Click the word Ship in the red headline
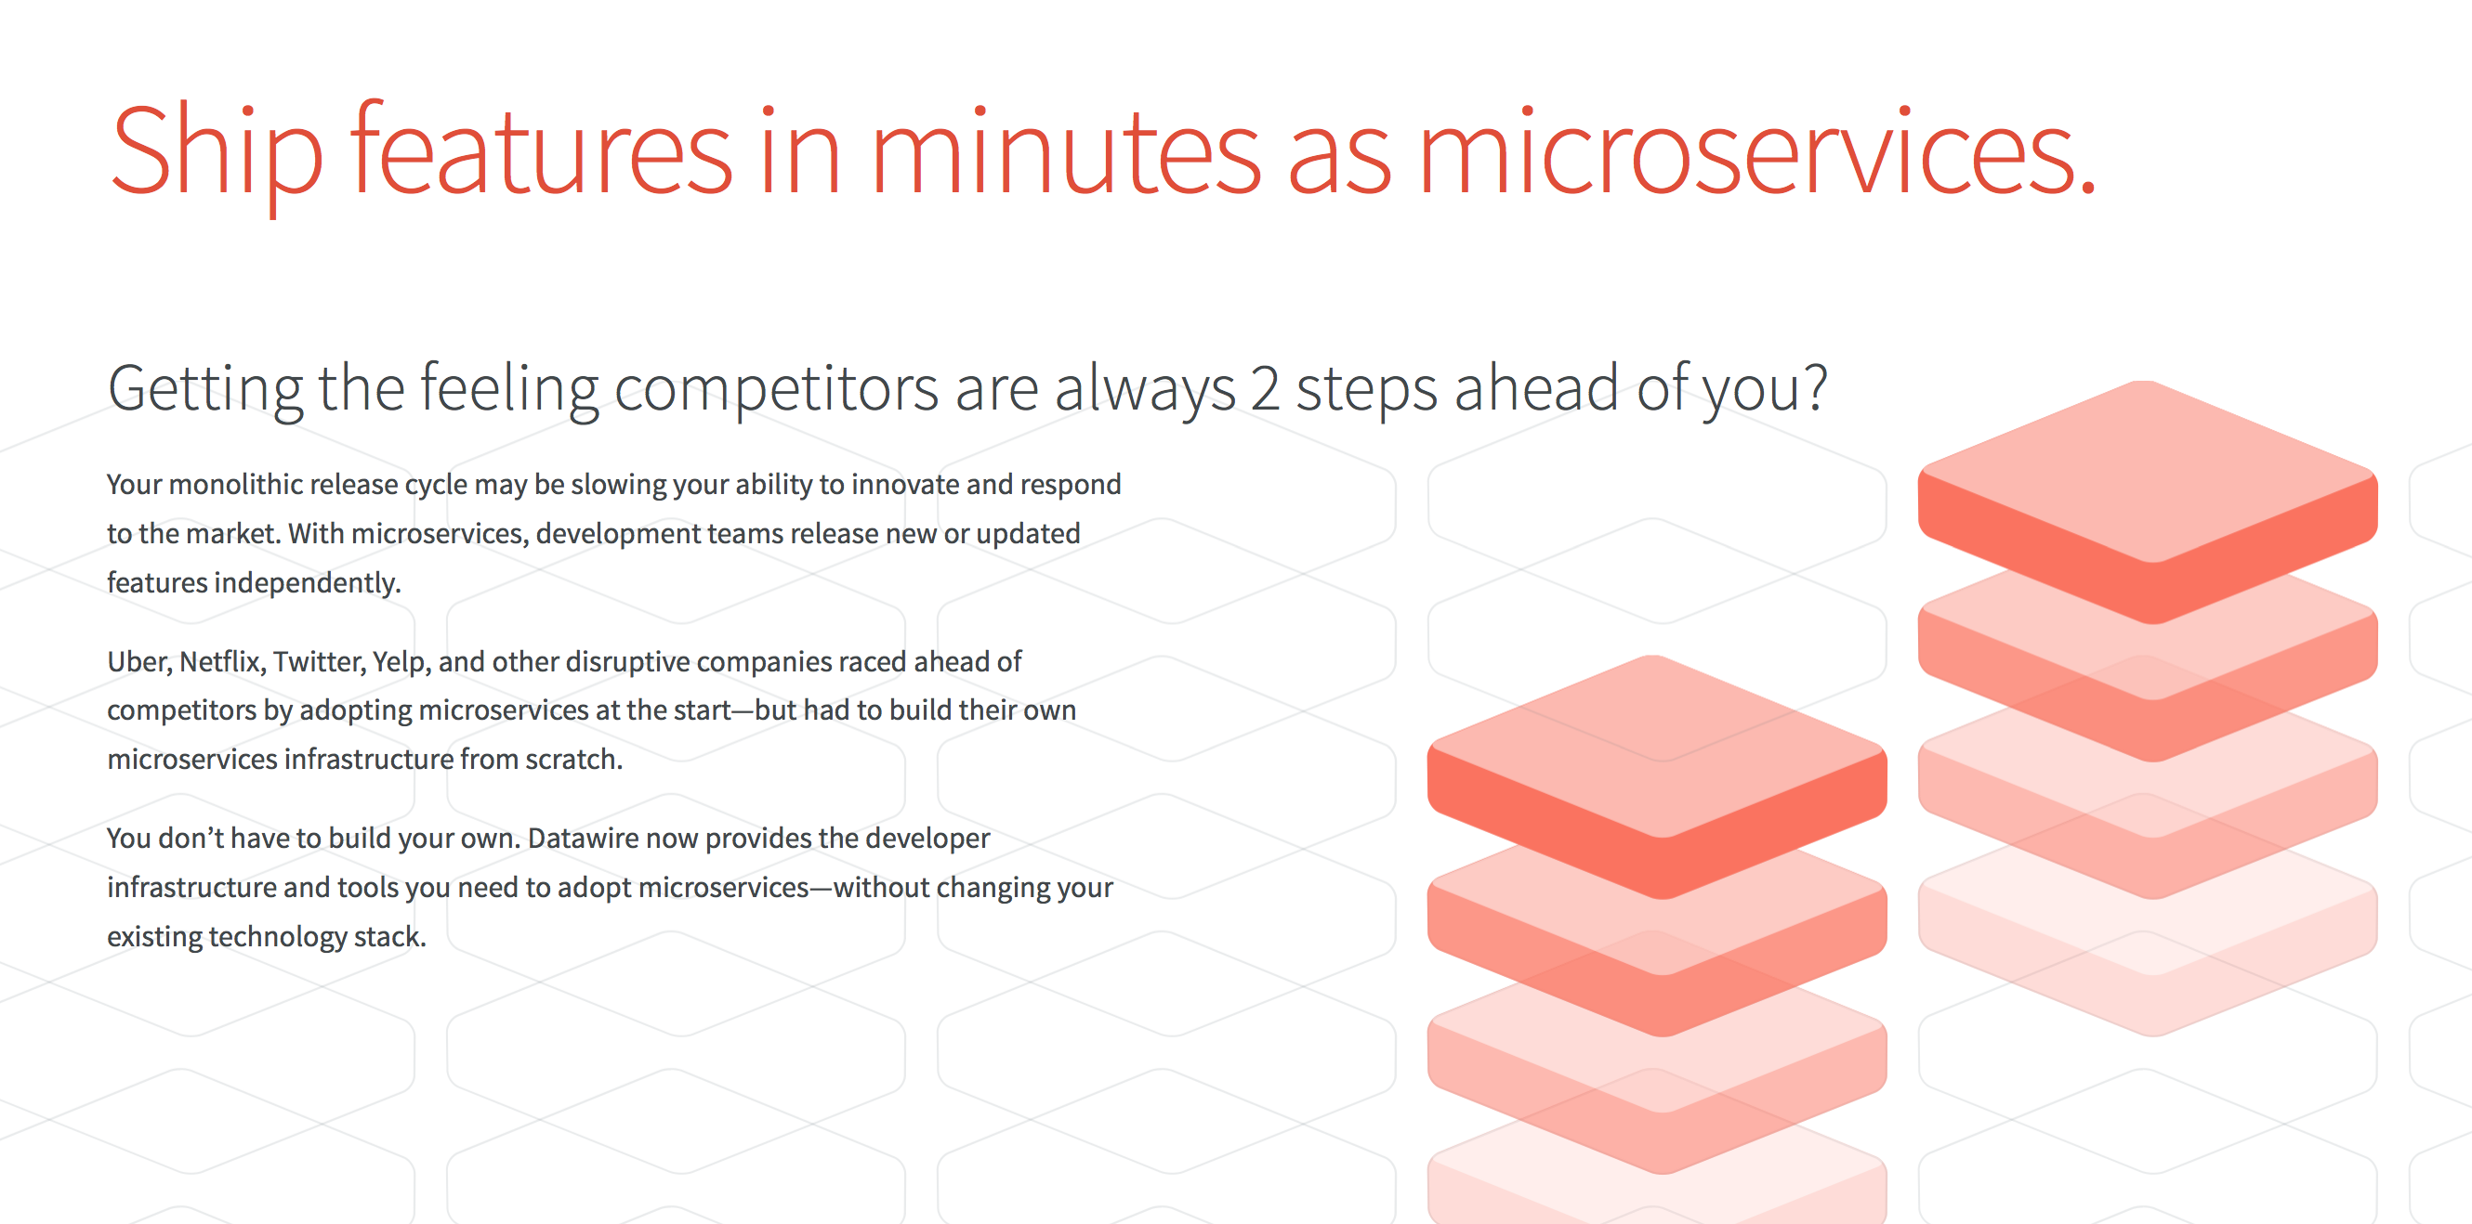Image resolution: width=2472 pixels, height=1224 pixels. [217, 153]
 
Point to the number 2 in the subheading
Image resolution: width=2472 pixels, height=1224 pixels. [1265, 388]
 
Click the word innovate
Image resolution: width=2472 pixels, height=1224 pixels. [905, 485]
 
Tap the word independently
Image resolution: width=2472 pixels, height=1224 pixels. [307, 583]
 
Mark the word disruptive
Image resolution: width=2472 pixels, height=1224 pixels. [627, 663]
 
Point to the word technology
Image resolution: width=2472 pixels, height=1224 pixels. [277, 937]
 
